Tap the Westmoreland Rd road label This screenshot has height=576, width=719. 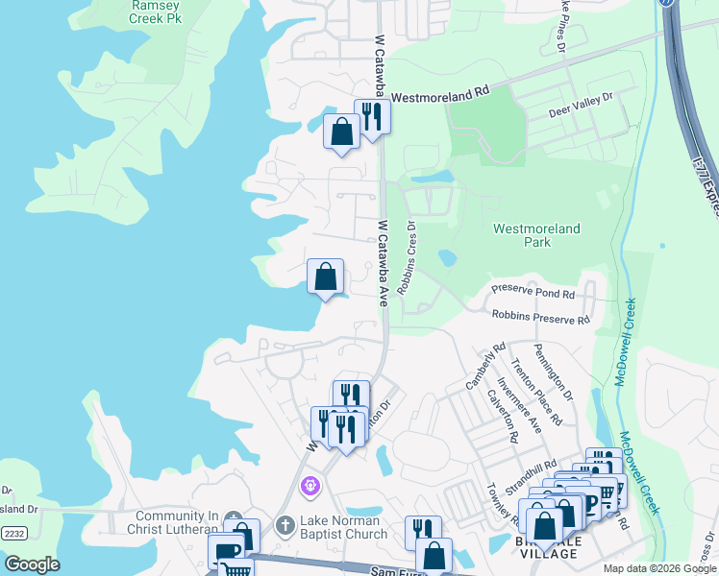pos(439,96)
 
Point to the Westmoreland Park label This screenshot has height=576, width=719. pos(536,235)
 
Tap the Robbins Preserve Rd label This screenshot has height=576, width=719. pos(540,317)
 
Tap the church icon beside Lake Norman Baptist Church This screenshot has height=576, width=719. pos(285,525)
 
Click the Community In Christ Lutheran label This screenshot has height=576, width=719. pos(172,521)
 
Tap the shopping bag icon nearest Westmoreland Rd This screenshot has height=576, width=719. pos(341,132)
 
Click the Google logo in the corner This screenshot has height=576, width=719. pos(32,564)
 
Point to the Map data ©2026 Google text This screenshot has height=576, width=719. pos(659,568)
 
